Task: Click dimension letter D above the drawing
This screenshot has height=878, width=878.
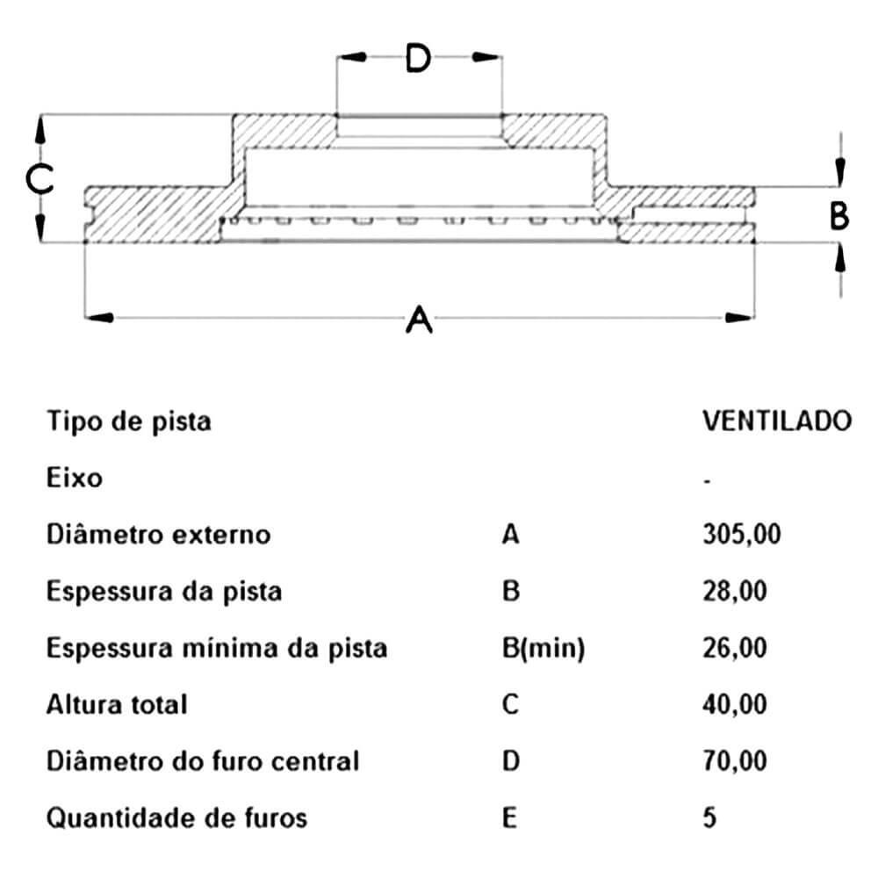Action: (x=418, y=58)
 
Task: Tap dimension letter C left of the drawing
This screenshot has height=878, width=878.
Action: (x=40, y=179)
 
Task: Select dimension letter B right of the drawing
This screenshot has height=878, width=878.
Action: (x=838, y=216)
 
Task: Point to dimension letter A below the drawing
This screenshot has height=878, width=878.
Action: (x=420, y=320)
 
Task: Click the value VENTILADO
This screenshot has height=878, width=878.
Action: (x=777, y=421)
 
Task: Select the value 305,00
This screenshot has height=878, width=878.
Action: (x=741, y=534)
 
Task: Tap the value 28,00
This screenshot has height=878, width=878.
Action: (x=735, y=591)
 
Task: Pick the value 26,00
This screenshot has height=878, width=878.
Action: (x=735, y=648)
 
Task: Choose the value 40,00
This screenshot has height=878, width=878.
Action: (x=735, y=704)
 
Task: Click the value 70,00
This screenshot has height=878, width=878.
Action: (x=735, y=761)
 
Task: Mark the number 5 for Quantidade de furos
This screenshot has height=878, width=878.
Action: (x=709, y=817)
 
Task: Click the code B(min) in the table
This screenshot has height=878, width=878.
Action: (x=543, y=649)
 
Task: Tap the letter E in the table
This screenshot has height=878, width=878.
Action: (x=509, y=817)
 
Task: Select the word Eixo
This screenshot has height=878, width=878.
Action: (x=75, y=478)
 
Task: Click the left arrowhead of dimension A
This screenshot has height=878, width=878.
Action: (x=100, y=318)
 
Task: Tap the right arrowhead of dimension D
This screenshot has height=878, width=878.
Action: (x=486, y=57)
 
